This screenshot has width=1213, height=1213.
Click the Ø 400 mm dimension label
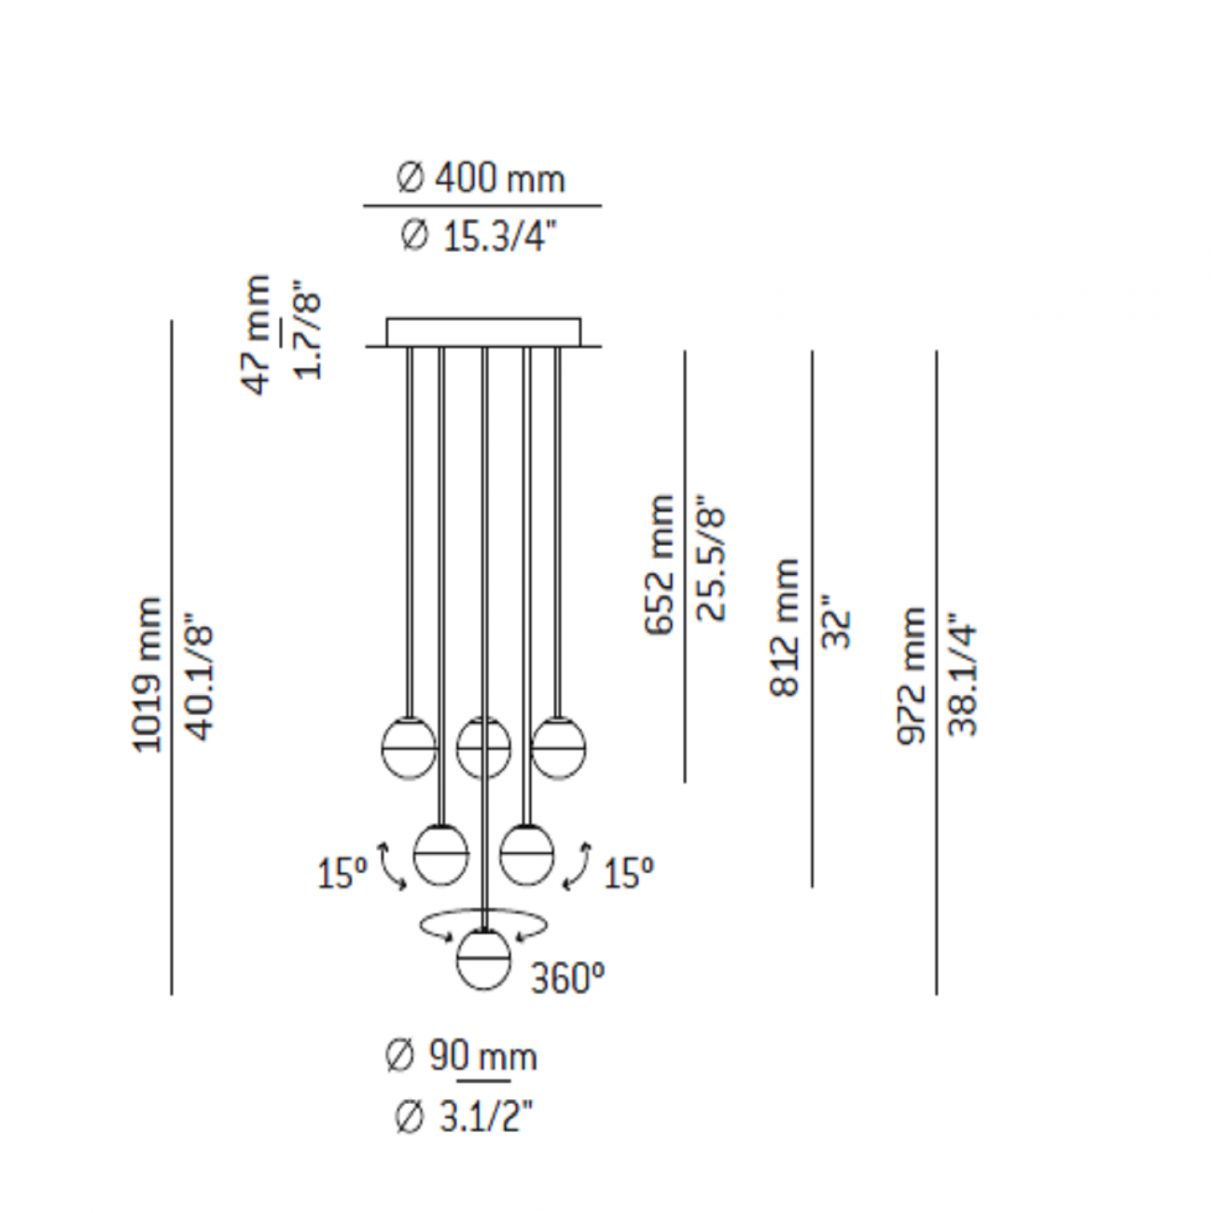click(x=481, y=177)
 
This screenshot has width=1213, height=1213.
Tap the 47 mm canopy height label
click(x=257, y=334)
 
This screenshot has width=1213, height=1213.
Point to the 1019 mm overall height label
click(x=147, y=674)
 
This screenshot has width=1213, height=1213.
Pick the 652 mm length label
click(x=660, y=565)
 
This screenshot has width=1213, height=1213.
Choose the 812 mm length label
click(x=785, y=627)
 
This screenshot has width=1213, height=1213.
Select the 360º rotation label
click(x=567, y=979)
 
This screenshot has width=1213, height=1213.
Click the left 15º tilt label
click(x=342, y=873)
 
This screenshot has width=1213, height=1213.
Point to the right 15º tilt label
click(x=628, y=873)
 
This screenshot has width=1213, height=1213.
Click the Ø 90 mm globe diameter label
click(x=461, y=1056)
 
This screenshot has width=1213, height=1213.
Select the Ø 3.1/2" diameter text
click(x=463, y=1116)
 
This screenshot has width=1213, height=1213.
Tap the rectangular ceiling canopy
click(x=483, y=332)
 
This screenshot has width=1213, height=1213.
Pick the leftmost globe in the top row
click(x=410, y=747)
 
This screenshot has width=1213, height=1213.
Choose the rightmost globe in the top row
click(x=558, y=747)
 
